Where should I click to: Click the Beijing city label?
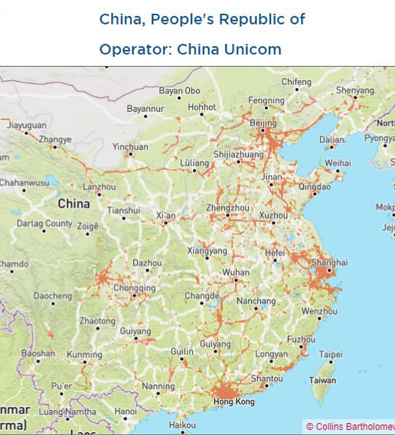coord(263,123)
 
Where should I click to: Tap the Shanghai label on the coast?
coord(330,262)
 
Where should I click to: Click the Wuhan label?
coord(236,273)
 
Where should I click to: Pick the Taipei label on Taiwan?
coord(331,355)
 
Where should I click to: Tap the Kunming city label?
coord(83,356)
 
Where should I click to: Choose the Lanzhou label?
coord(99,186)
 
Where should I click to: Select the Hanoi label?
coord(125,411)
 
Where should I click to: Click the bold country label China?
coord(73,204)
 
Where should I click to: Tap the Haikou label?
coord(182,425)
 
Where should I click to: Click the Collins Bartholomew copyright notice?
coord(350,427)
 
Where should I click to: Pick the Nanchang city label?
coord(256,301)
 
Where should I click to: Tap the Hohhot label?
coord(202,107)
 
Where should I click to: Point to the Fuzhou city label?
coord(301,339)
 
